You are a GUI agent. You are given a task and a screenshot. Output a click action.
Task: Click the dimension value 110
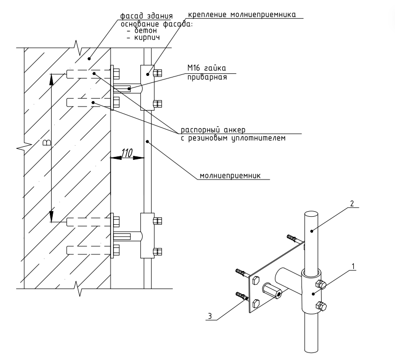(127, 153)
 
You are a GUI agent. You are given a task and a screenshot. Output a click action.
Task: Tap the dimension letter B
(47, 143)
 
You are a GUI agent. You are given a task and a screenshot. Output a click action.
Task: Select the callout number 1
(353, 266)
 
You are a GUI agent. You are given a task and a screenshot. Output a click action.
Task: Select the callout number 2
(352, 203)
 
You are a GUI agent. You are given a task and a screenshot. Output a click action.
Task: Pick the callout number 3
(210, 316)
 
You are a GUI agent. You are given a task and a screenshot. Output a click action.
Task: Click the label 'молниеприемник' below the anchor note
(230, 175)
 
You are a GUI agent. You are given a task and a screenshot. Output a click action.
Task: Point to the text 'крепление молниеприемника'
(242, 15)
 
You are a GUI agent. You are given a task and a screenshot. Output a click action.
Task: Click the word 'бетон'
(145, 31)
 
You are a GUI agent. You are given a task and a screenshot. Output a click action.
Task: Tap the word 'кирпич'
(147, 38)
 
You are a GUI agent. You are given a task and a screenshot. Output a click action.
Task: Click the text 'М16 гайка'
(207, 68)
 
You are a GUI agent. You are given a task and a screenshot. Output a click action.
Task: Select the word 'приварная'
(207, 77)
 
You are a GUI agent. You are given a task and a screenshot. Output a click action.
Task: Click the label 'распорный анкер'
(213, 130)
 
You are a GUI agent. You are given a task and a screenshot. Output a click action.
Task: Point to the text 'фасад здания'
(146, 16)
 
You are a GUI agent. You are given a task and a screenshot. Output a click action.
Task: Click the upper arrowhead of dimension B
(51, 79)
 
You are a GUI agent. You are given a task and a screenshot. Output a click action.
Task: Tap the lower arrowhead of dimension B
(51, 217)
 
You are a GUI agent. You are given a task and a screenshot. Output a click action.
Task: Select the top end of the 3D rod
(311, 215)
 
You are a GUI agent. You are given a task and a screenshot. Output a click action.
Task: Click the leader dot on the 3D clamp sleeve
(313, 294)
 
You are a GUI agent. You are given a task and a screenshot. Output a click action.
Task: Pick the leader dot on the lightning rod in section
(147, 141)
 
